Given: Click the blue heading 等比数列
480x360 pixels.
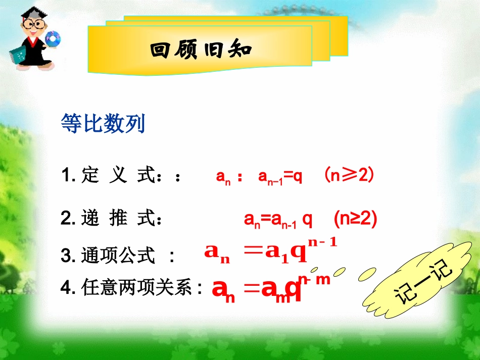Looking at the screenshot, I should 103,123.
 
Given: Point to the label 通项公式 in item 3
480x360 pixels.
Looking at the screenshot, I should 118,256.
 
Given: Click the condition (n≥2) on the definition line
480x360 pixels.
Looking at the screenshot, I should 349,176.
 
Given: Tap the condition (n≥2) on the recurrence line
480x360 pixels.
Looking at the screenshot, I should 356,219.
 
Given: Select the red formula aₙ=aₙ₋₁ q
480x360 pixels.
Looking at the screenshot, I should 278,220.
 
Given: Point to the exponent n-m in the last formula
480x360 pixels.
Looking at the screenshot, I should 314,278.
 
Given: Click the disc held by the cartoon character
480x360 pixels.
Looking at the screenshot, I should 53,37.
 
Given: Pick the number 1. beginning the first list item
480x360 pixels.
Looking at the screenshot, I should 68,177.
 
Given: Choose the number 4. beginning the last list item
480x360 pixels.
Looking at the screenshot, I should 68,288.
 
